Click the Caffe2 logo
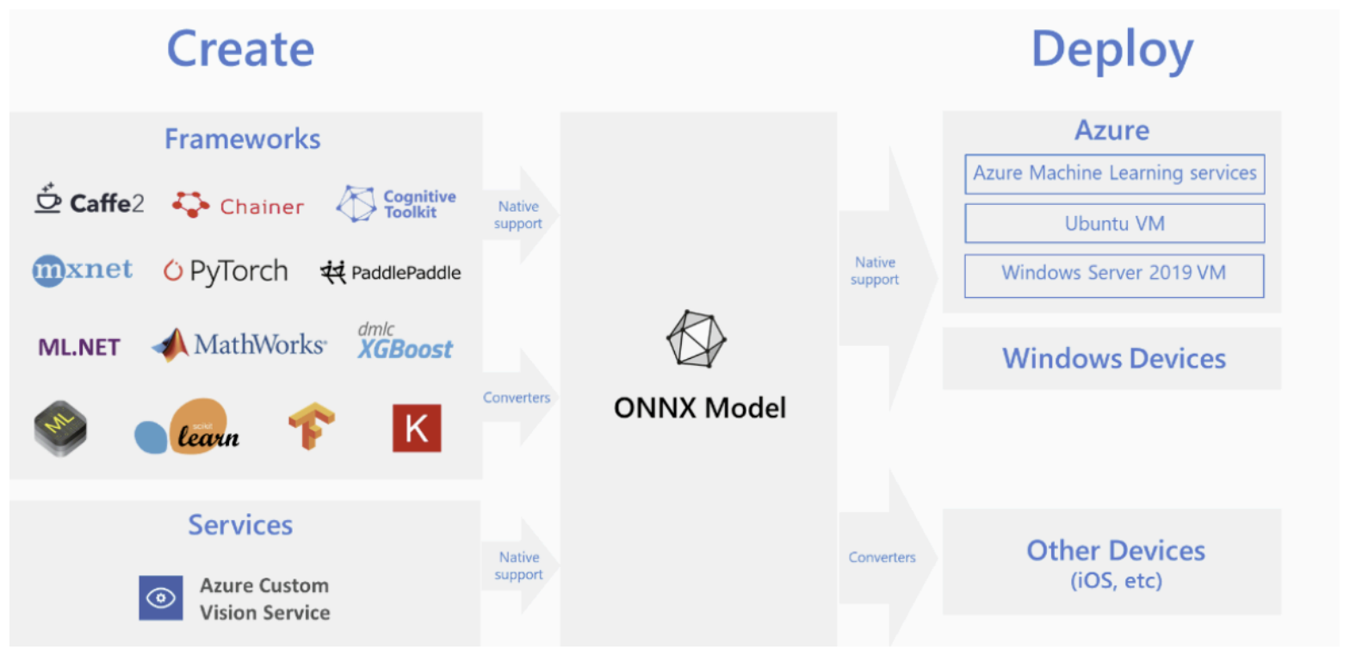[90, 202]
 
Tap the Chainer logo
[238, 206]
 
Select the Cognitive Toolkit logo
[396, 204]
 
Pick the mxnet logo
[83, 271]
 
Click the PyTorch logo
[226, 272]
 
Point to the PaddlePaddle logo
[391, 273]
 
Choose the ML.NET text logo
[79, 347]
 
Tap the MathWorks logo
[239, 345]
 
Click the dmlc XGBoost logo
[405, 343]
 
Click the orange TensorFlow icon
[311, 428]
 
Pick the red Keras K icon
[417, 428]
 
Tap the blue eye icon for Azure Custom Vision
[161, 598]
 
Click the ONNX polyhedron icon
[697, 338]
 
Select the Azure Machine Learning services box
[1114, 174]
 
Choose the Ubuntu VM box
[1114, 224]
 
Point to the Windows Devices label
[1113, 358]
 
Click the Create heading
[240, 48]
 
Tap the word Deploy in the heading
[1112, 49]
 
